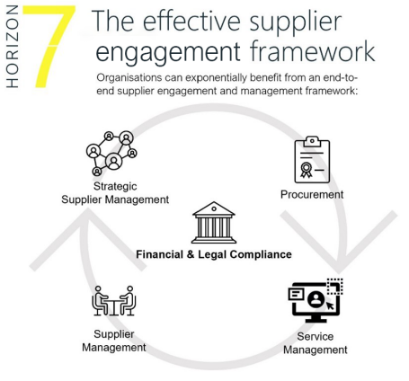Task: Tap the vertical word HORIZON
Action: click(13, 47)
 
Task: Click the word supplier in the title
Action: click(296, 22)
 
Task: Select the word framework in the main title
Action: click(313, 51)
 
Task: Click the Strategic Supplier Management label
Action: click(115, 193)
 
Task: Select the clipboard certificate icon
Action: click(312, 160)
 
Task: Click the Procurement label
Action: click(312, 195)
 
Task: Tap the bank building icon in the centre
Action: click(214, 222)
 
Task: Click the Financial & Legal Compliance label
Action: click(214, 254)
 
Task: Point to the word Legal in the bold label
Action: click(212, 254)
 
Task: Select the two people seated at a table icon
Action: click(113, 301)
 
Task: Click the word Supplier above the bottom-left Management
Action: click(114, 334)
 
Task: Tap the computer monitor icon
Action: click(316, 300)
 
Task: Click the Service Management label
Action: click(316, 343)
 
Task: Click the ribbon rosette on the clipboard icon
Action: click(306, 170)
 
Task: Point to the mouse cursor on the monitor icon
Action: click(330, 306)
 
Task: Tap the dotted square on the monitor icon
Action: click(335, 287)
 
